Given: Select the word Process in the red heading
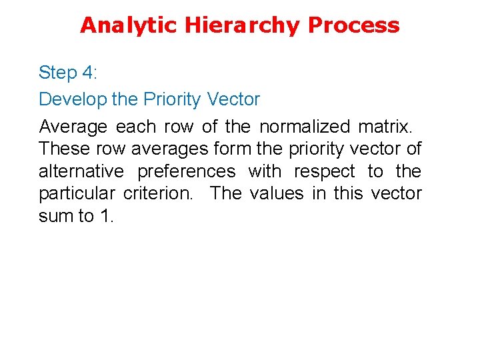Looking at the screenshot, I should [355, 25].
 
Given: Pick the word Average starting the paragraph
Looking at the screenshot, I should [72, 127].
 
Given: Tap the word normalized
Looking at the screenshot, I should [303, 127].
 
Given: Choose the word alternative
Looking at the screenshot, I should [81, 171].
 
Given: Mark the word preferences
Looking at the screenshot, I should [187, 171].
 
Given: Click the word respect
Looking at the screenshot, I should [325, 171].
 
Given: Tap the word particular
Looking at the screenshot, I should [77, 193].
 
